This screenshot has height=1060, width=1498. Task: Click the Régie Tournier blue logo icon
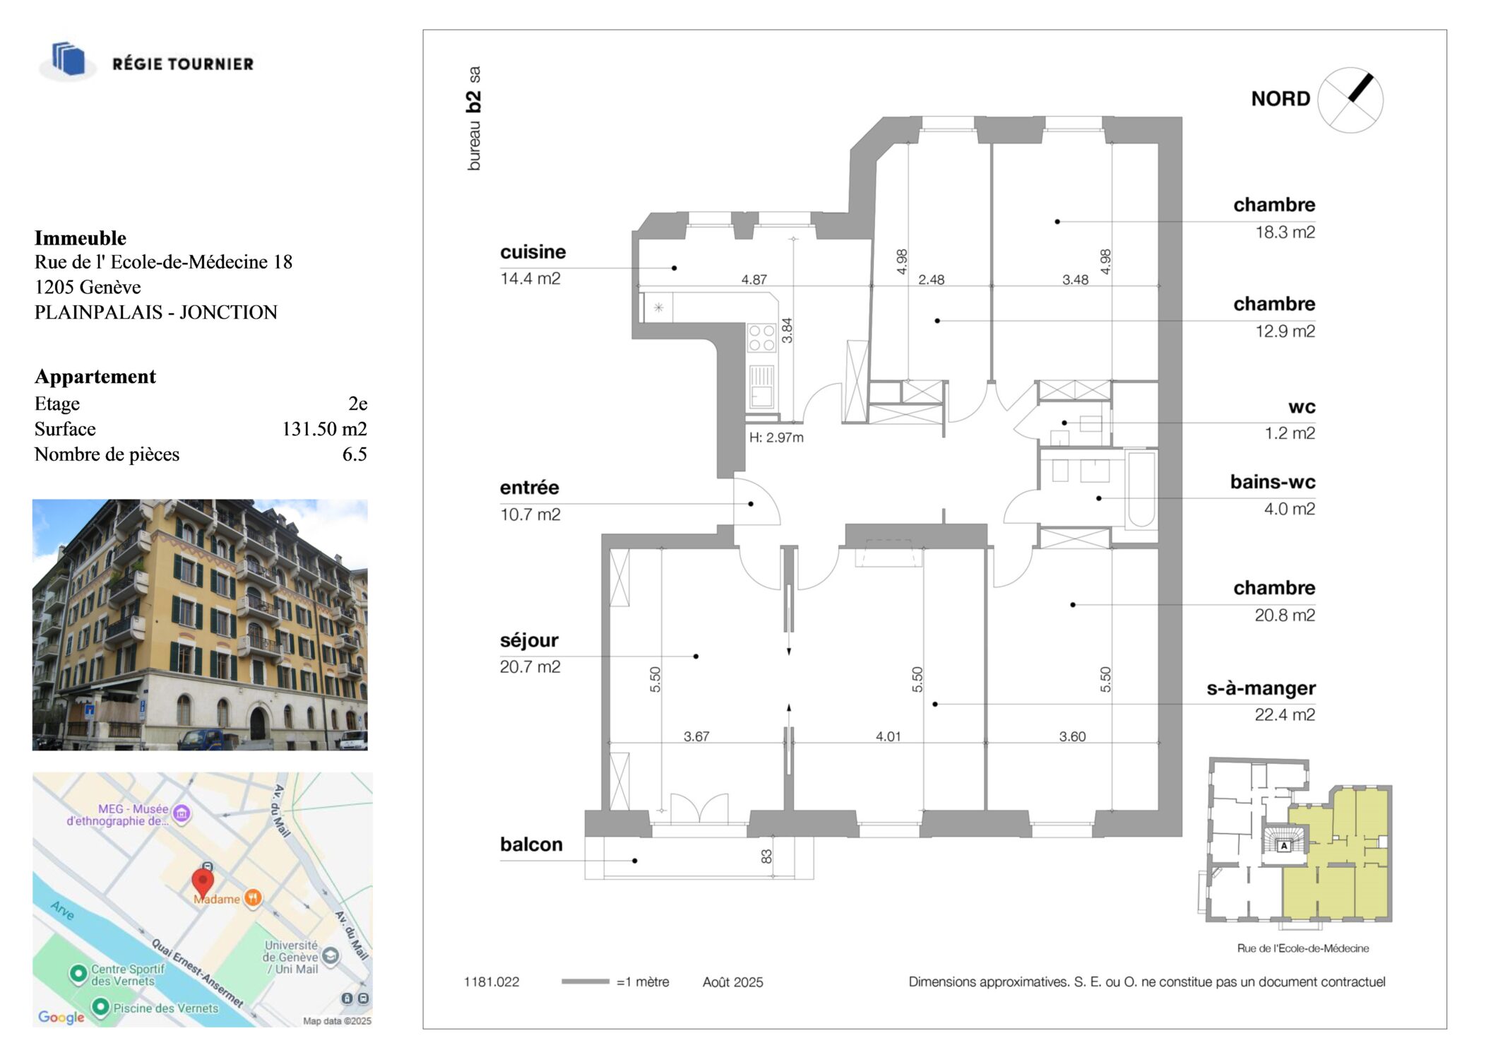(69, 59)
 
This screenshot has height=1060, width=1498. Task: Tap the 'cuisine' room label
(533, 252)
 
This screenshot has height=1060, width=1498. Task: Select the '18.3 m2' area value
(1285, 232)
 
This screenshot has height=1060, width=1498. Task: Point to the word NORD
(1280, 99)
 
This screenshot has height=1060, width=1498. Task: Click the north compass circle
(1350, 100)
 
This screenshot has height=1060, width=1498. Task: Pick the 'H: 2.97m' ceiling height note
(776, 437)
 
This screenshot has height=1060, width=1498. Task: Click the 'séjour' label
(529, 641)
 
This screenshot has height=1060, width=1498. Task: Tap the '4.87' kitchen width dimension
(754, 280)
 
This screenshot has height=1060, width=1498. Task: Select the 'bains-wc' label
(1273, 482)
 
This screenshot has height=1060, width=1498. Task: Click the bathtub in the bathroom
(1141, 490)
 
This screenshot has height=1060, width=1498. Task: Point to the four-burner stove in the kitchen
(761, 338)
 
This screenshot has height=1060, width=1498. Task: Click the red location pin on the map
(203, 883)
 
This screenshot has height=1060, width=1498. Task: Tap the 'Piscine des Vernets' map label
(165, 1008)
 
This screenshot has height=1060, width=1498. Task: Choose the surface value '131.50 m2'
(324, 429)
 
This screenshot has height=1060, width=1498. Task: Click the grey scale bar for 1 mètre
(585, 982)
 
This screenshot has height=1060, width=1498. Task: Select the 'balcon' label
(531, 844)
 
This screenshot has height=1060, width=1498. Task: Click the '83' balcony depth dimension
(766, 856)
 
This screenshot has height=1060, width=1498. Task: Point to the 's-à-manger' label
(1261, 688)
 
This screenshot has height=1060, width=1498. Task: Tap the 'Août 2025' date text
(732, 982)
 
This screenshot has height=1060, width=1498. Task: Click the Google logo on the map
(61, 1017)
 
